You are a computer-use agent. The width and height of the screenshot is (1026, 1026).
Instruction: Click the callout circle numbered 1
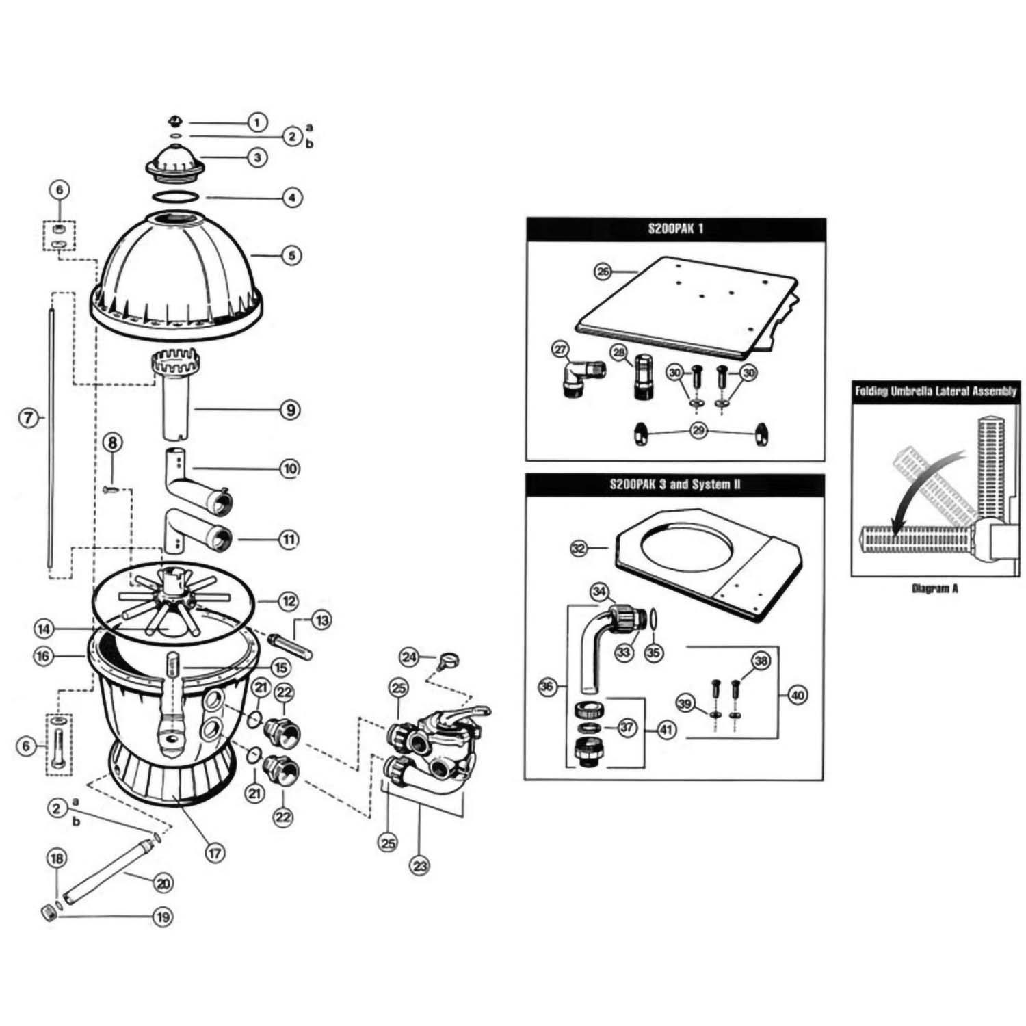pos(256,122)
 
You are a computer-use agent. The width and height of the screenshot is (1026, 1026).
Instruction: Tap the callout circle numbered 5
pos(291,255)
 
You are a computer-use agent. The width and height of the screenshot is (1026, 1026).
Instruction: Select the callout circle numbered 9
pos(291,410)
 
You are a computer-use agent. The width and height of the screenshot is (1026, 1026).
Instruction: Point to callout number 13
pos(321,620)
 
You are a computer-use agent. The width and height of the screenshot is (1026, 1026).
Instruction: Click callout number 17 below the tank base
pos(215,853)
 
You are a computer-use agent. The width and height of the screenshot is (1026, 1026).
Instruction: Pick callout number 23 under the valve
pos(420,865)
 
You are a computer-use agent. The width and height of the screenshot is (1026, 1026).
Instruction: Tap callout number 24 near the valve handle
pos(409,657)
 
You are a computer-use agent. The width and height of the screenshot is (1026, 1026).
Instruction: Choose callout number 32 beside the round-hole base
pos(579,548)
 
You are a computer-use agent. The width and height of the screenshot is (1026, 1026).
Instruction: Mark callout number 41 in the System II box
pos(667,730)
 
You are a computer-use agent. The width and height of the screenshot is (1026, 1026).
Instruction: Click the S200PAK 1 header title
pos(675,228)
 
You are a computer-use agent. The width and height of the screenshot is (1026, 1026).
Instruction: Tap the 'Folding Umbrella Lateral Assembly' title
pos(935,392)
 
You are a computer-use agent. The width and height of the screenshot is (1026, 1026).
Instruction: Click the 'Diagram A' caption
pos(934,588)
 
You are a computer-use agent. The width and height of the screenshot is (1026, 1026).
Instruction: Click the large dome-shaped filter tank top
pos(178,274)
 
